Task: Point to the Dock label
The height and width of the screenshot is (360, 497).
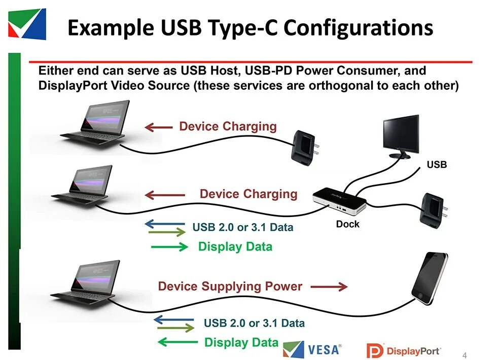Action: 347,224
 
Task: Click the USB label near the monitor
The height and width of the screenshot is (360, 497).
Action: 437,165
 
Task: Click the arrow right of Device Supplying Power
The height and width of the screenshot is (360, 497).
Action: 329,287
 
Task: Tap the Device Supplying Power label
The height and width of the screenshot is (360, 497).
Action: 230,286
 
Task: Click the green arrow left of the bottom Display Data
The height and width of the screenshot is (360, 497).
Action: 177,342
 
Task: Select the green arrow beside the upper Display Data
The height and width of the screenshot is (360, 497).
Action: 169,247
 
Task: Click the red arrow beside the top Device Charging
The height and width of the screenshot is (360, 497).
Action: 158,127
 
